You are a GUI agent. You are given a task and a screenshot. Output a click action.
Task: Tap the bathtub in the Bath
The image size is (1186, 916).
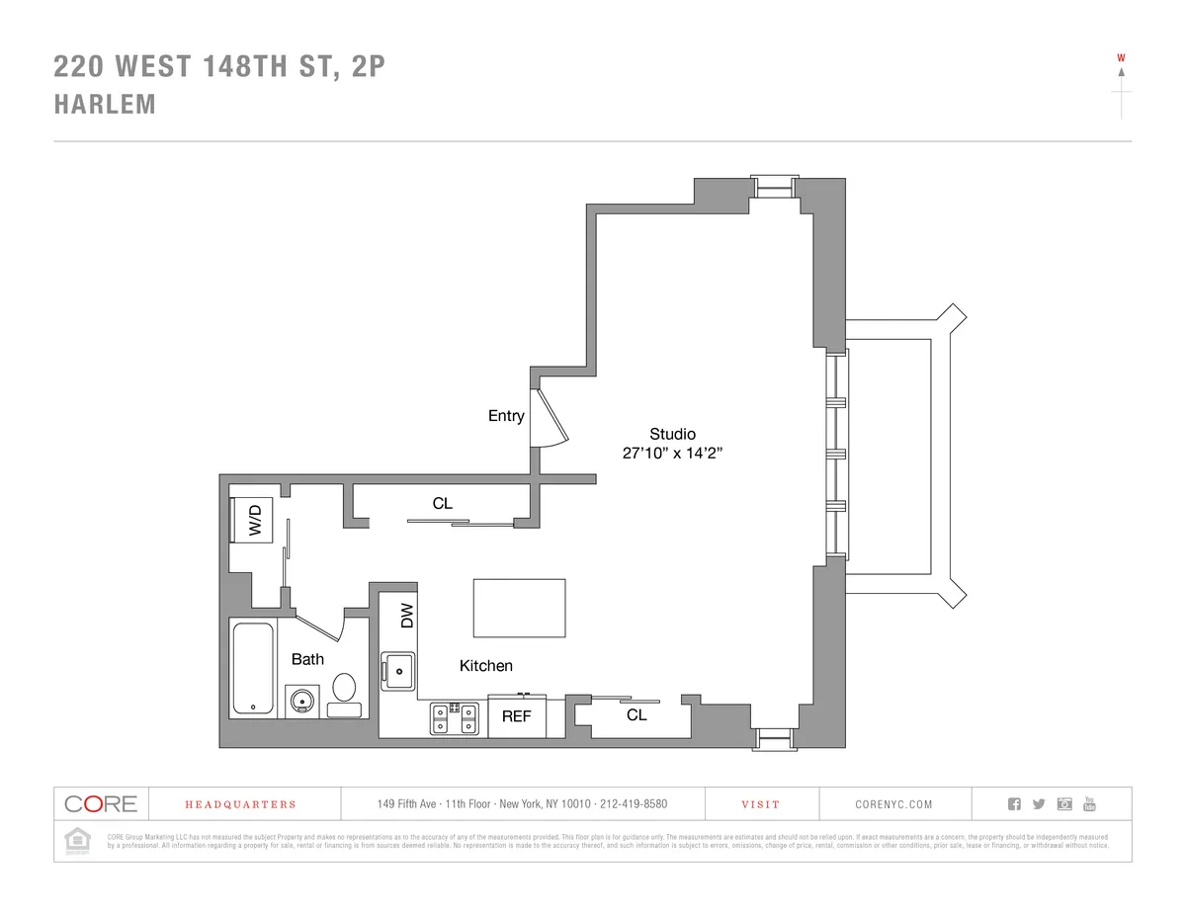[253, 668]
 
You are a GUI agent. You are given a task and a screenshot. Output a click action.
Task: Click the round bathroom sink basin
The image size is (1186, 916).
[302, 701]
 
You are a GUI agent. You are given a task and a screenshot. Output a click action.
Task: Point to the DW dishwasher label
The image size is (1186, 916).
[406, 617]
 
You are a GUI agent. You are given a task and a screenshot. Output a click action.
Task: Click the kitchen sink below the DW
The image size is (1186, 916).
[398, 672]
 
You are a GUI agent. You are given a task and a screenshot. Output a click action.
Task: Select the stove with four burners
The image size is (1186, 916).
[454, 718]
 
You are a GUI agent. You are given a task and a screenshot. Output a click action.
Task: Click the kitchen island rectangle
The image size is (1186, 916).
[519, 609]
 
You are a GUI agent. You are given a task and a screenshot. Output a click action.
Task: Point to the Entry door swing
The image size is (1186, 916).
[549, 417]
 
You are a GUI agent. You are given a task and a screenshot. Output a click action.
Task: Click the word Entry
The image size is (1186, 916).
[506, 416]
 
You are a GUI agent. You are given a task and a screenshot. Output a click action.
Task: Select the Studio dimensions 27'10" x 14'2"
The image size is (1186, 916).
[672, 454]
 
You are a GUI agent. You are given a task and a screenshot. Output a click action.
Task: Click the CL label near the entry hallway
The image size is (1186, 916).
[442, 503]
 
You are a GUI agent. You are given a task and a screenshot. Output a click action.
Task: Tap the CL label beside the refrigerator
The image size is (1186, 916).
[636, 714]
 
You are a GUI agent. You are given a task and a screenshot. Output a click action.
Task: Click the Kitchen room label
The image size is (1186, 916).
[485, 666]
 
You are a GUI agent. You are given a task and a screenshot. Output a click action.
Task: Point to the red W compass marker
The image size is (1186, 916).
[1121, 57]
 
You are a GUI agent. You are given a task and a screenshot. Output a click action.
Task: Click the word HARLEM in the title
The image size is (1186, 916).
[105, 105]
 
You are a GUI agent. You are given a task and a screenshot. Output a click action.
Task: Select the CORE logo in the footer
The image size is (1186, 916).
[101, 803]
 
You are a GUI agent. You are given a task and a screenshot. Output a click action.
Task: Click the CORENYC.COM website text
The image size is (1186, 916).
[893, 804]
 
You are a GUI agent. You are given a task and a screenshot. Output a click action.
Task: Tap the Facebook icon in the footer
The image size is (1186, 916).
[1014, 803]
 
